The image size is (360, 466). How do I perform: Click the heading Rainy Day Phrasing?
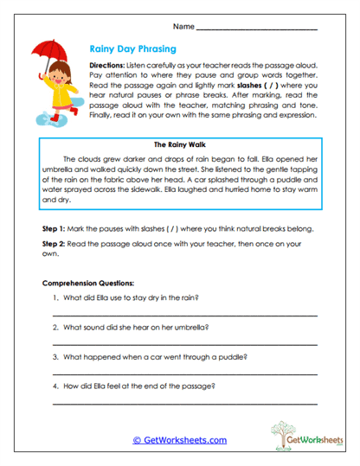coord(134,50)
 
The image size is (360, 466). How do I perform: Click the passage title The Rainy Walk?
coord(180,146)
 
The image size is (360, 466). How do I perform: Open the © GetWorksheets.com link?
coord(179,439)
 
